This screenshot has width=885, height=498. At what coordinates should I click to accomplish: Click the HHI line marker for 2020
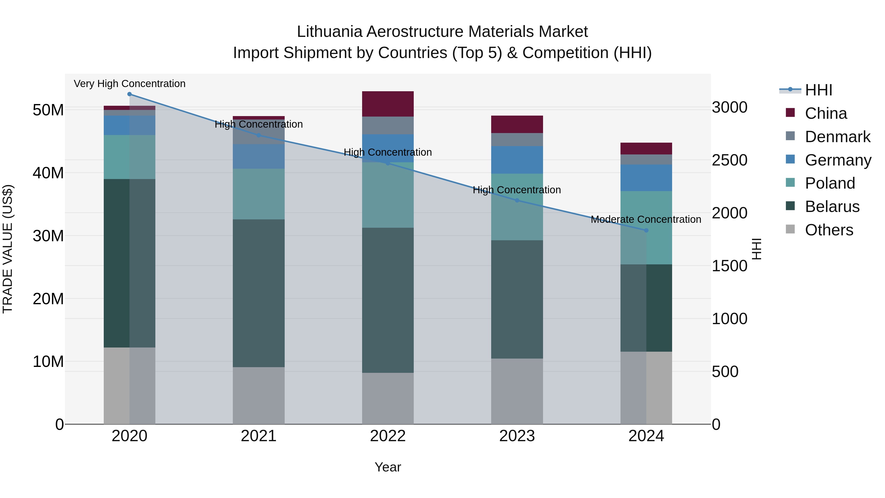tap(130, 94)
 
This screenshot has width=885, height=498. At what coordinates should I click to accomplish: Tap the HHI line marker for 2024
tap(646, 230)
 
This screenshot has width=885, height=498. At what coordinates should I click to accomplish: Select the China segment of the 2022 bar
tap(388, 104)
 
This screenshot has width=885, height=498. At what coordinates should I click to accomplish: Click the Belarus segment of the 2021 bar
tap(259, 293)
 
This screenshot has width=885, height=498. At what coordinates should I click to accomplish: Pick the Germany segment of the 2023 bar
tap(517, 160)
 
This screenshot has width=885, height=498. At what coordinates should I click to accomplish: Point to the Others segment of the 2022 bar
tap(388, 398)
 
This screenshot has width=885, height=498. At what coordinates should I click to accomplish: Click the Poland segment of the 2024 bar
tap(646, 227)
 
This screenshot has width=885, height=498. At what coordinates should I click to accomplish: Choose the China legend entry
tap(826, 113)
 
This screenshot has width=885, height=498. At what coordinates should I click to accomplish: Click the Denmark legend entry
tap(837, 137)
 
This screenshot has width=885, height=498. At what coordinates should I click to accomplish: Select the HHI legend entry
tap(818, 90)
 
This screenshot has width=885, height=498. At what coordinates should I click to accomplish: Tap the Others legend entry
tap(829, 230)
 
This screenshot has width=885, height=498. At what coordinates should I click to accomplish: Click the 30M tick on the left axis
tap(48, 236)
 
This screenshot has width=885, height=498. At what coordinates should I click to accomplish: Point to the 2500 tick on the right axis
tap(729, 160)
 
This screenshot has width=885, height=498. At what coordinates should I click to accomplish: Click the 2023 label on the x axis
tap(517, 436)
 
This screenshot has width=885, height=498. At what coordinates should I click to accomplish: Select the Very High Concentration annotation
tap(130, 84)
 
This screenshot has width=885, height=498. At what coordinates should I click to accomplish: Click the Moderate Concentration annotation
tap(646, 219)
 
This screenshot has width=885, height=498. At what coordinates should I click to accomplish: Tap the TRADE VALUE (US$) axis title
tap(8, 249)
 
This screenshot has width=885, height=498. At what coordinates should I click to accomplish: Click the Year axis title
tap(388, 467)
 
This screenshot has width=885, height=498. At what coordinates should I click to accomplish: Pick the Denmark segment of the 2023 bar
tap(517, 139)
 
